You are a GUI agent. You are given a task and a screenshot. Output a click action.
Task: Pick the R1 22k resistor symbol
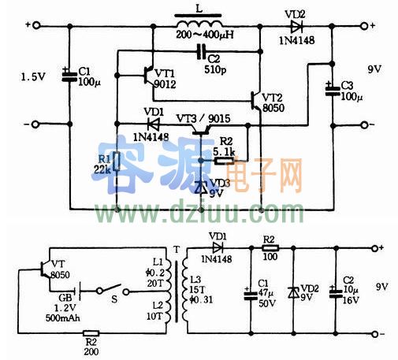point(117,161)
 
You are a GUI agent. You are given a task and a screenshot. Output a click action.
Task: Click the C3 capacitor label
point(348,84)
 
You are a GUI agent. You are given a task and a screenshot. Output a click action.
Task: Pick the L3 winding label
point(195,280)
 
